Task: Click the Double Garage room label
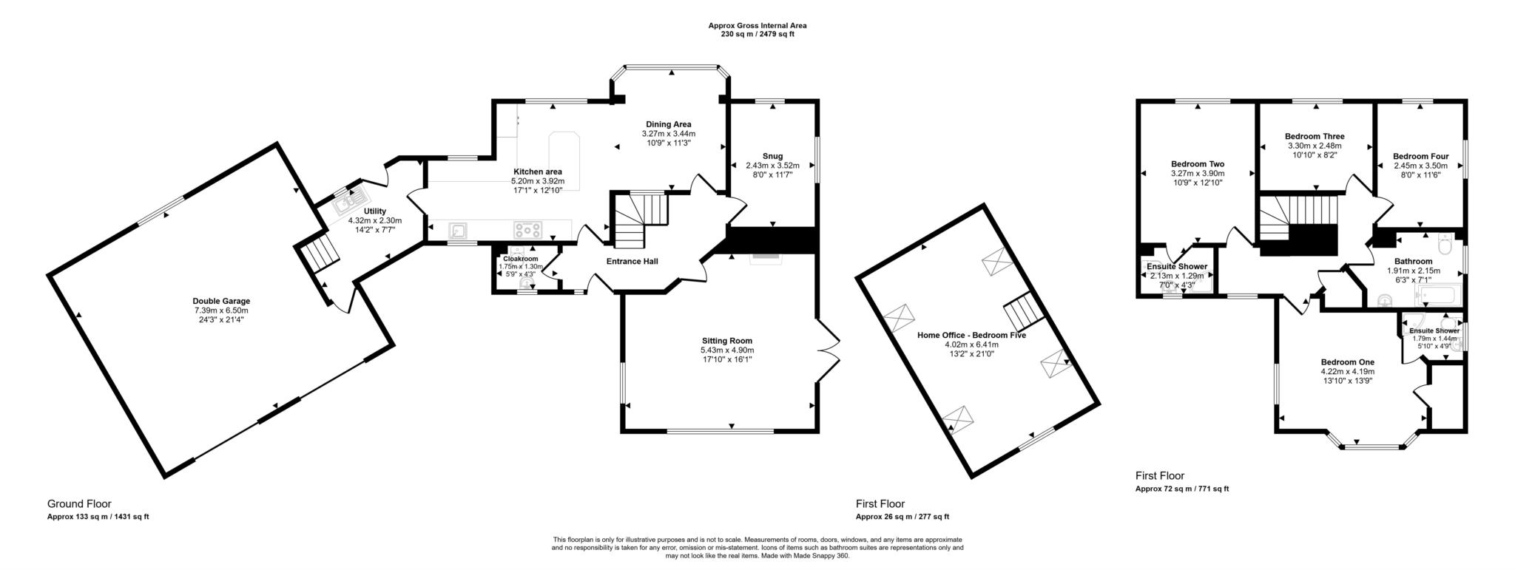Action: tap(221, 301)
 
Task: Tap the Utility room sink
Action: tap(349, 199)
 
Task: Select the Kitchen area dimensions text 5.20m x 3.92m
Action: tap(537, 181)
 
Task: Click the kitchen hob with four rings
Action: tap(527, 230)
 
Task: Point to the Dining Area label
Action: tap(668, 124)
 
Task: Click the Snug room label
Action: tap(772, 156)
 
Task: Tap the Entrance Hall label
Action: tap(632, 261)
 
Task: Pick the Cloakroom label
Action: tap(521, 259)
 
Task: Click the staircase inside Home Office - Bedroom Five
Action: tap(1024, 311)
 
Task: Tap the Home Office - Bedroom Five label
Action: tap(971, 335)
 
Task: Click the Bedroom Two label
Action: tap(1197, 164)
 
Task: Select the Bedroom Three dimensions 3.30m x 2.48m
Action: tap(1315, 146)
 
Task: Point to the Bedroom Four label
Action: tap(1420, 156)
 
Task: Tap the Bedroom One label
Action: tap(1348, 362)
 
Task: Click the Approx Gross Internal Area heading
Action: tap(757, 25)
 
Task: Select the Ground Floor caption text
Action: tap(79, 504)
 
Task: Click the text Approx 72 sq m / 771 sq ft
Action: tap(1181, 489)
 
